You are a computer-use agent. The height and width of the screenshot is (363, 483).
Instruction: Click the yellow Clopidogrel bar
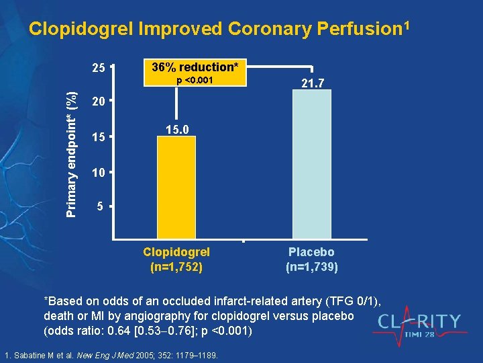click(x=176, y=188)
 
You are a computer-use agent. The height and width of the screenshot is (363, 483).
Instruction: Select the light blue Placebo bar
click(x=312, y=165)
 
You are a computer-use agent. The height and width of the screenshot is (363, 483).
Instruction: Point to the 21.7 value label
click(x=312, y=83)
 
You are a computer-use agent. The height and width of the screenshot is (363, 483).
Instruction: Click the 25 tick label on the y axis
click(x=99, y=68)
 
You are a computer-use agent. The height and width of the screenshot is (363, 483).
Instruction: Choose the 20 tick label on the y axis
click(x=99, y=102)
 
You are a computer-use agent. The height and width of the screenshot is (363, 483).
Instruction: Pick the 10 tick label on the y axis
click(x=99, y=172)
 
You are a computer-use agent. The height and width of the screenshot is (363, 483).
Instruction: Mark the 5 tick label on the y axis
click(x=100, y=207)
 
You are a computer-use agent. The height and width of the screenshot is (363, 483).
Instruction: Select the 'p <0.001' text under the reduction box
click(x=195, y=81)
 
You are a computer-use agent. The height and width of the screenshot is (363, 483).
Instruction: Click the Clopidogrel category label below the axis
click(x=176, y=252)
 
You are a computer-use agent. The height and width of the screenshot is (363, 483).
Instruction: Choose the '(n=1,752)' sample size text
click(x=176, y=266)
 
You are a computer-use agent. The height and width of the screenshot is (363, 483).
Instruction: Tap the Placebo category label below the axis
click(x=312, y=252)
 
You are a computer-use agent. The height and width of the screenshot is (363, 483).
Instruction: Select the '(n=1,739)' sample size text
click(x=312, y=266)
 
